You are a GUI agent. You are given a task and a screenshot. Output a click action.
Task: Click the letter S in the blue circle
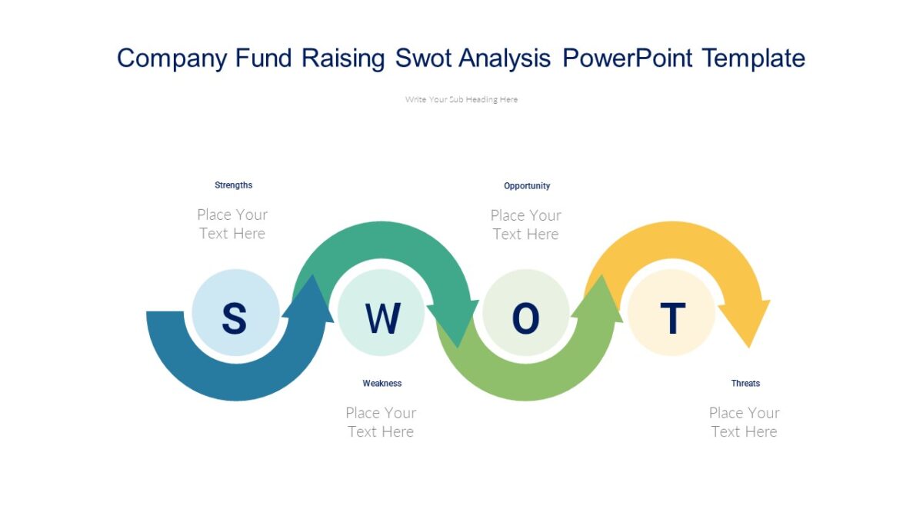(234, 318)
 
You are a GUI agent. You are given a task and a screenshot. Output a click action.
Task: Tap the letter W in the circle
(382, 318)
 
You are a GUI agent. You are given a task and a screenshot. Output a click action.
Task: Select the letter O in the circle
(525, 318)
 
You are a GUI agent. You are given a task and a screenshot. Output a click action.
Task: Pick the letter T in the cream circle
(672, 318)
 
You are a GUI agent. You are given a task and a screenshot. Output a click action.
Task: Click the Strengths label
(234, 185)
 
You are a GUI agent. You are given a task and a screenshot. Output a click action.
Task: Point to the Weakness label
(382, 383)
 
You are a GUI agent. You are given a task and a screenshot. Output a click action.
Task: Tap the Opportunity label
(527, 186)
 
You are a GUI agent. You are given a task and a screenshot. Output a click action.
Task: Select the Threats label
(745, 383)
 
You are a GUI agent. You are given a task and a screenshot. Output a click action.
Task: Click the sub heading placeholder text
(461, 99)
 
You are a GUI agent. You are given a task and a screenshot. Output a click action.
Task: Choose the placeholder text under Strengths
(232, 224)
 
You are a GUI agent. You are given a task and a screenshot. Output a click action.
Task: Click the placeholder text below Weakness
(381, 422)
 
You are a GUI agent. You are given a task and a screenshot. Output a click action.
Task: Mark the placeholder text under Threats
(744, 422)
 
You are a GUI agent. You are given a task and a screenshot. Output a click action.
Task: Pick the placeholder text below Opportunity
(526, 225)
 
